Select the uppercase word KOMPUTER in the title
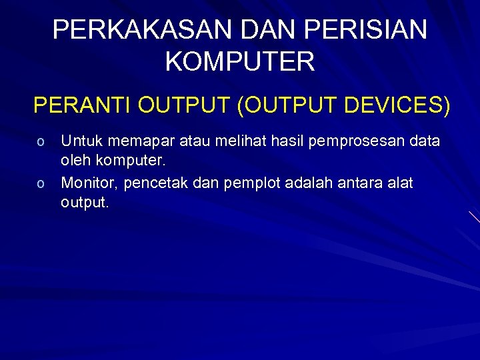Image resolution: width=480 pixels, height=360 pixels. [239, 62]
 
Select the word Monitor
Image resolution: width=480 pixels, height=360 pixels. [88, 183]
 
